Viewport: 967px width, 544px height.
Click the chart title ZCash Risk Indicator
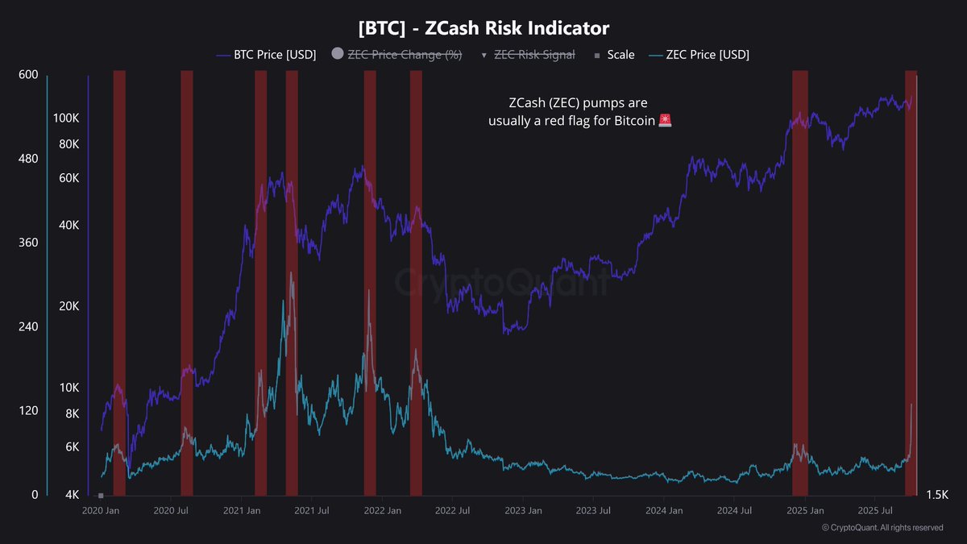(x=483, y=28)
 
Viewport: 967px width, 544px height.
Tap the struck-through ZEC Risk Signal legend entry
(x=534, y=55)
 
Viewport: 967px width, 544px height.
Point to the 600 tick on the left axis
(x=28, y=75)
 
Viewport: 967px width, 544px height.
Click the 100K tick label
(x=66, y=118)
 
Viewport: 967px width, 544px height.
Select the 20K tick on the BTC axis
(x=68, y=306)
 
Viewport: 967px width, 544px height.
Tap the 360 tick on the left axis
(x=28, y=243)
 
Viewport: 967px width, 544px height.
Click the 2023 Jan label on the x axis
(x=523, y=511)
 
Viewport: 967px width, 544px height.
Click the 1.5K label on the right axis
(x=940, y=494)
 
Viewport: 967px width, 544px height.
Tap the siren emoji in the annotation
(x=665, y=121)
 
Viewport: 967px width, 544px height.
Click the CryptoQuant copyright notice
(x=882, y=528)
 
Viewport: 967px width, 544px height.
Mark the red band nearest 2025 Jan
(x=800, y=282)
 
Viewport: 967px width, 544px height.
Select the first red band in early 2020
(x=119, y=282)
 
